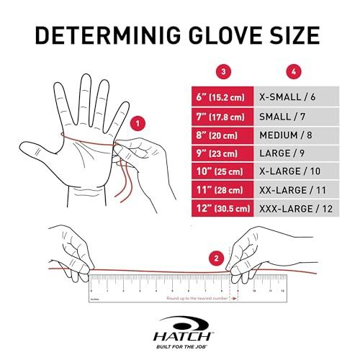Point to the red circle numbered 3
click(225, 71)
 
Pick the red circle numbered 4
click(294, 71)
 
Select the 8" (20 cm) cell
click(225, 134)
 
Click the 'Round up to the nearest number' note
click(194, 297)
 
